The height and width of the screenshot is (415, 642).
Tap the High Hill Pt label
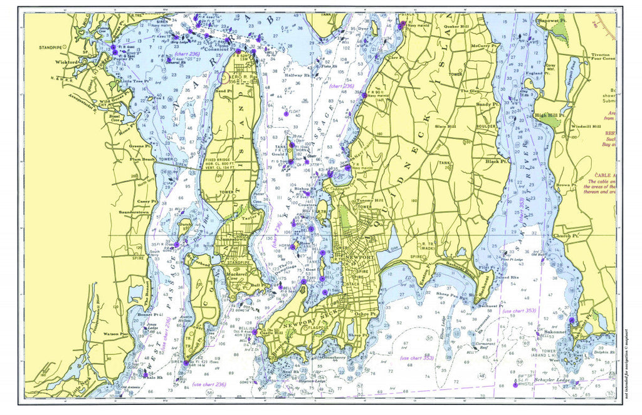click(x=550, y=115)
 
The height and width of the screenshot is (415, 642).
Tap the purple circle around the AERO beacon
click(x=225, y=78)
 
